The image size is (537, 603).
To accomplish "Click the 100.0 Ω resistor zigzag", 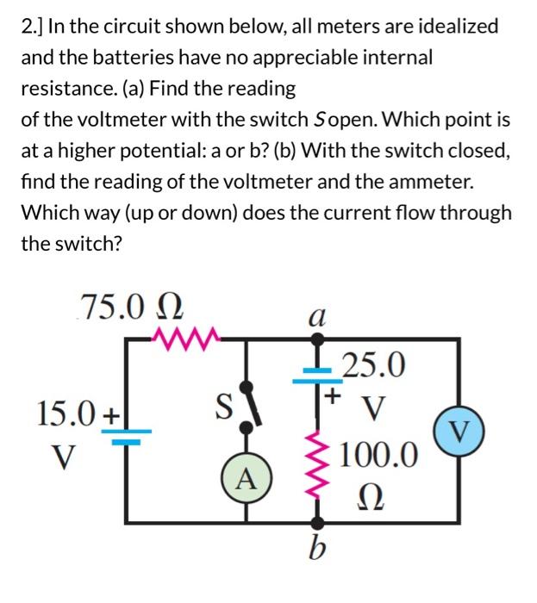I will pos(318,469).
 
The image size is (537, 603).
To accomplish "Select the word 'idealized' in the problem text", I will pos(456,26).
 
